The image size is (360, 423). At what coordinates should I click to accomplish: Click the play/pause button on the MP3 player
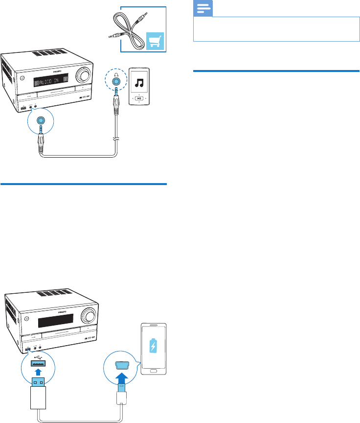(139, 98)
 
